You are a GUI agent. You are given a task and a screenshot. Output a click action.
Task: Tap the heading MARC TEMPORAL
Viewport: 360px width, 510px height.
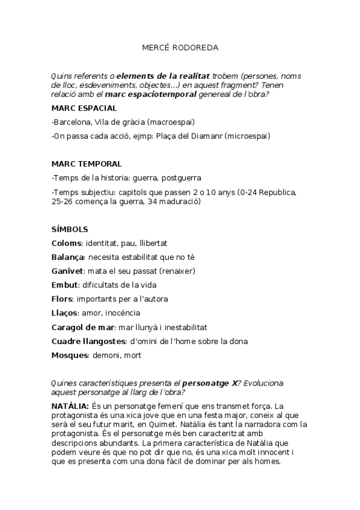(x=86, y=164)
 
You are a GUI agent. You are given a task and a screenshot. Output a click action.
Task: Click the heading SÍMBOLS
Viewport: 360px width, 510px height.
(x=70, y=229)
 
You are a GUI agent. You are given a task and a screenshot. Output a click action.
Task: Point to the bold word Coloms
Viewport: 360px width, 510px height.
(x=66, y=243)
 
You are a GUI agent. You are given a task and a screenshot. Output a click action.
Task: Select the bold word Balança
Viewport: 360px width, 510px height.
(x=69, y=257)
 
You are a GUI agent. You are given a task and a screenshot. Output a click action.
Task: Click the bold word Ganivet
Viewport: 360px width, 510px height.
(x=67, y=271)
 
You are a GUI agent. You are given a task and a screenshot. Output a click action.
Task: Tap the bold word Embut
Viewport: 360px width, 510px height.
(x=64, y=285)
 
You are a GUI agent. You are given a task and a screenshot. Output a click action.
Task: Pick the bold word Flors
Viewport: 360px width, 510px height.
(x=62, y=299)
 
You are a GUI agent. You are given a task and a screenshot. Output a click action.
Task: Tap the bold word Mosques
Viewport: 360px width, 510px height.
(x=70, y=355)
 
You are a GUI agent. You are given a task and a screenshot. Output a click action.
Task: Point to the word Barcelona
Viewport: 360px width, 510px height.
(x=73, y=122)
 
